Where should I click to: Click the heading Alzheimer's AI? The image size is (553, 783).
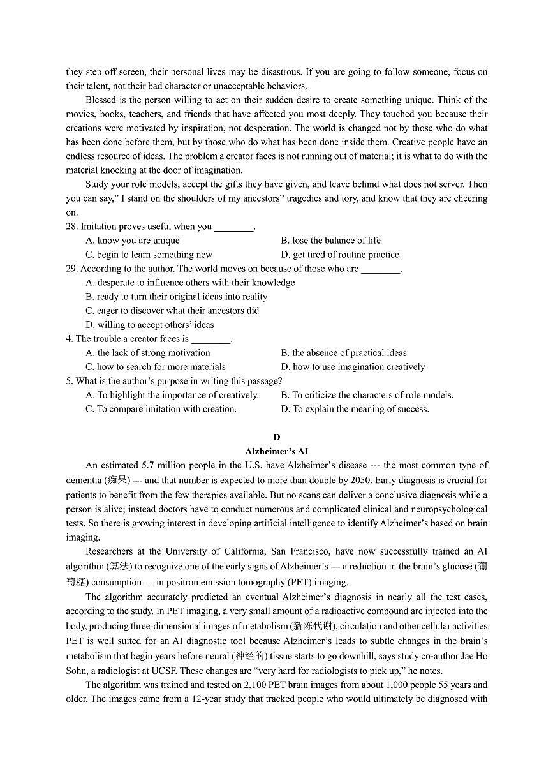pos(276,451)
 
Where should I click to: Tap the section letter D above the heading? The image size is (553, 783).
pos(276,437)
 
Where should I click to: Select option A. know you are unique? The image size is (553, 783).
pos(133,241)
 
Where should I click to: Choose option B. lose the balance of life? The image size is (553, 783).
pos(330,241)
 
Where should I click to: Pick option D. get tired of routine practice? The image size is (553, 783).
pos(339,255)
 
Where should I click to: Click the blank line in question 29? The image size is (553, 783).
pos(381,269)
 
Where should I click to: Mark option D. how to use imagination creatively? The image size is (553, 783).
pos(353,367)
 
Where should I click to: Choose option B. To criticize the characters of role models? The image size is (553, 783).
pos(367,395)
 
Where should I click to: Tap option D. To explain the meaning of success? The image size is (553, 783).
pos(355,409)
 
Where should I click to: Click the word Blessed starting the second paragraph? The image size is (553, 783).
pos(101,100)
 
